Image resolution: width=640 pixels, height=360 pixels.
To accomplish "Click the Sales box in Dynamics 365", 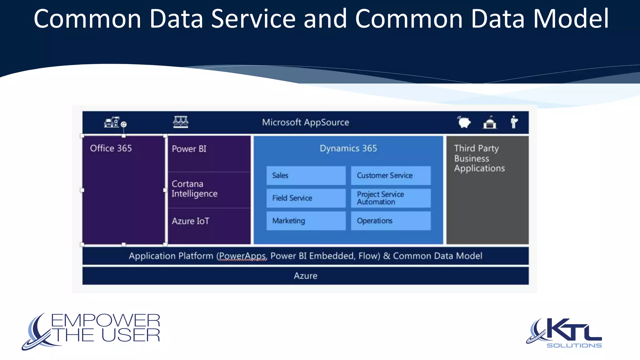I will point(306,176).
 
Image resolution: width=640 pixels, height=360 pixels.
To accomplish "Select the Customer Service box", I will point(390,176).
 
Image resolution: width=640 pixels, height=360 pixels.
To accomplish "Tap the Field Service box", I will point(306,198).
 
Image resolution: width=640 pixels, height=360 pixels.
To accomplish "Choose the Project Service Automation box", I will point(390,198).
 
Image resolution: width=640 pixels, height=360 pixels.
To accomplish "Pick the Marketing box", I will point(306,221).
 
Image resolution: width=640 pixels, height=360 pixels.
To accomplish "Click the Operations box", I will point(390,221).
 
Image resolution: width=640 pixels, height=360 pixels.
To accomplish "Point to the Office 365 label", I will point(111,148).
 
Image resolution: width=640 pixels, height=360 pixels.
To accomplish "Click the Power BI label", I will point(189,149).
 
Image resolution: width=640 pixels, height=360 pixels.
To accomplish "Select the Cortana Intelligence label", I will point(194,189).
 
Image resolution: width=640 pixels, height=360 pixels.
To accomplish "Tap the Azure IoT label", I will point(190,221).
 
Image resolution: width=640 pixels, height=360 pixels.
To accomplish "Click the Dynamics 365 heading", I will point(348,148).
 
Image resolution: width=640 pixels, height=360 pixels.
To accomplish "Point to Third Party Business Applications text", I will point(479,158).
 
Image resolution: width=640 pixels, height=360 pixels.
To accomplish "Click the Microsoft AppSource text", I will point(305,122).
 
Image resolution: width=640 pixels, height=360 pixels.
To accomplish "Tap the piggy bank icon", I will point(464,122).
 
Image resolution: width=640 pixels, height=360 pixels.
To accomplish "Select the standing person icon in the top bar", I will point(514,122).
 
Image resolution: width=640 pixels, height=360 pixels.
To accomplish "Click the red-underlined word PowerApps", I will point(242,256).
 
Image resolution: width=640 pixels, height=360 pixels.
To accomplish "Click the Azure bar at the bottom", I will point(305,276).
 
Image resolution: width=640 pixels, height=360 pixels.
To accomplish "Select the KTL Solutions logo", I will point(564,333).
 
